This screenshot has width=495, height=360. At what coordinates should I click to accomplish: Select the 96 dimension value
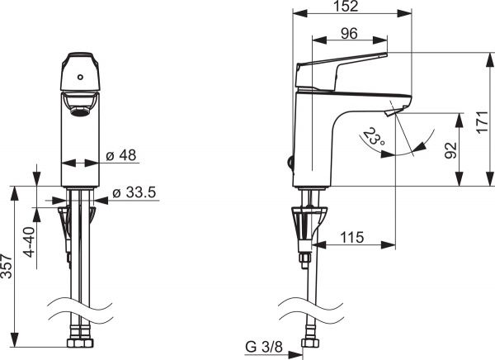(x=350, y=34)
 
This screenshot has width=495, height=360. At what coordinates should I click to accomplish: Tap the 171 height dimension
(x=483, y=122)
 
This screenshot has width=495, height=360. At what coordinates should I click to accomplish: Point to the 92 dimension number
(x=451, y=150)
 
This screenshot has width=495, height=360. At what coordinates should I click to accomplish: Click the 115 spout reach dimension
(x=352, y=237)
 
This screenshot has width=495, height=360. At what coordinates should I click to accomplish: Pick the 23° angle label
(x=374, y=136)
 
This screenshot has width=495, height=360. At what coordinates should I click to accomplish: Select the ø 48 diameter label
(x=121, y=155)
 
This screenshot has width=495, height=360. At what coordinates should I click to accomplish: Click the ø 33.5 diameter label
(x=134, y=192)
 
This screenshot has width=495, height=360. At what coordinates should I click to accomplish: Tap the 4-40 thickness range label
(x=29, y=241)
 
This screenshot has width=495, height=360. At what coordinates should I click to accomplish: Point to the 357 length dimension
(x=7, y=266)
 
